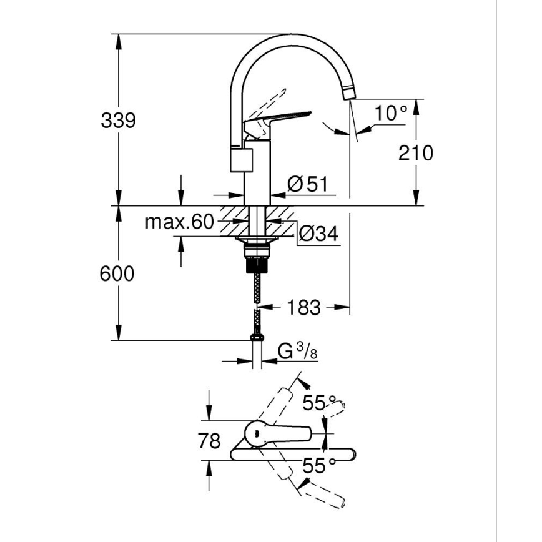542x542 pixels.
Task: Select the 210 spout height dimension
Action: tap(415, 152)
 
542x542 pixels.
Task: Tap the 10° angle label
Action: tap(391, 114)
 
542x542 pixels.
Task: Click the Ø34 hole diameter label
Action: tap(318, 234)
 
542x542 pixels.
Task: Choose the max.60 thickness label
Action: tap(179, 222)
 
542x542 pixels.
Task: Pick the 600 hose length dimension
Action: tap(117, 273)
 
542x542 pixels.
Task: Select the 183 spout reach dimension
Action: tap(304, 307)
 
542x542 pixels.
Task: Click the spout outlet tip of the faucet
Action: tap(349, 94)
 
